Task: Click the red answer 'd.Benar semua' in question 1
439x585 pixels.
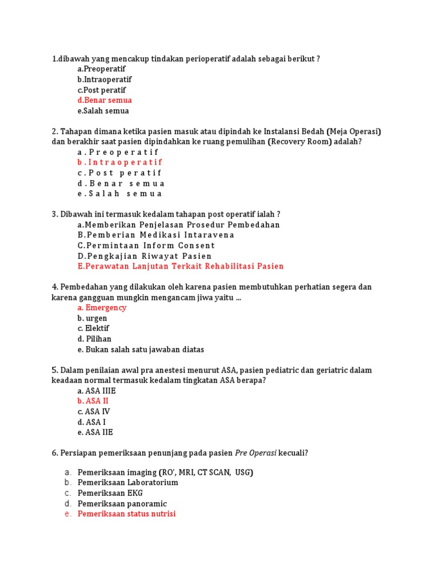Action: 105,101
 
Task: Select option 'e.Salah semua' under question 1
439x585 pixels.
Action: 103,111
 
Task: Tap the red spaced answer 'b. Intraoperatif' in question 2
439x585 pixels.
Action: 120,162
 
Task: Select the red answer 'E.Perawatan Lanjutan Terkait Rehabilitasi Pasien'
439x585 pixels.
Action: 181,266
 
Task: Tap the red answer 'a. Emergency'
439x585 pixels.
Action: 102,308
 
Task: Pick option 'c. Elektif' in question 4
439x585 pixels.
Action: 93,328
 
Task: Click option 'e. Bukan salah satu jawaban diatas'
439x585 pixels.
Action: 141,350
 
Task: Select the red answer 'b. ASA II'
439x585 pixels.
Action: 93,401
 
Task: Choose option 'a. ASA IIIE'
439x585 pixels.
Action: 97,391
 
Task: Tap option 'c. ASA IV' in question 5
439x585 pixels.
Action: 94,411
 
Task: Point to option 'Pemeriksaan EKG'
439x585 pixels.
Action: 110,493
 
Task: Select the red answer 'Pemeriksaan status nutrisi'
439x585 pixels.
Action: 127,514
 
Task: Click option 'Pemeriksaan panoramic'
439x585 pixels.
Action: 122,503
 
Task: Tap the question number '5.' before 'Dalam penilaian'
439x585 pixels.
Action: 55,370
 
